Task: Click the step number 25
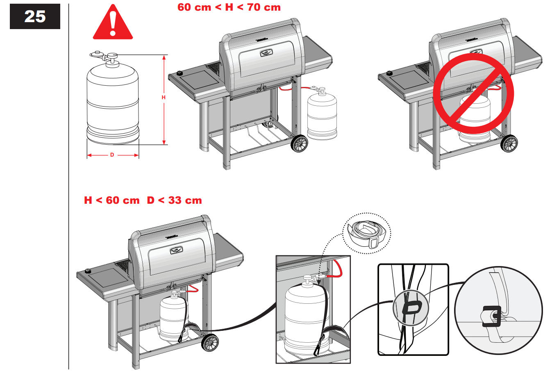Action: point(35,16)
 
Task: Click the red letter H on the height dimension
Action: point(164,97)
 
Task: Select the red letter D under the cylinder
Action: point(112,155)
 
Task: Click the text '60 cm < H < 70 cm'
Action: point(229,7)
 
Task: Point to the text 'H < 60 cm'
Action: point(111,200)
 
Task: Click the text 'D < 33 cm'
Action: point(175,200)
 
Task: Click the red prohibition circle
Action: point(473,93)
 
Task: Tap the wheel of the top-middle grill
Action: point(299,144)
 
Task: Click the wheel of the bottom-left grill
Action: point(210,343)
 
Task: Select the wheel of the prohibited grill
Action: point(509,143)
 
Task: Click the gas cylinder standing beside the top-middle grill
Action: point(322,115)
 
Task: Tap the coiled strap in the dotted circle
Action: point(366,234)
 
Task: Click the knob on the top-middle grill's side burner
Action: point(179,73)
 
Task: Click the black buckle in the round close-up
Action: point(492,316)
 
